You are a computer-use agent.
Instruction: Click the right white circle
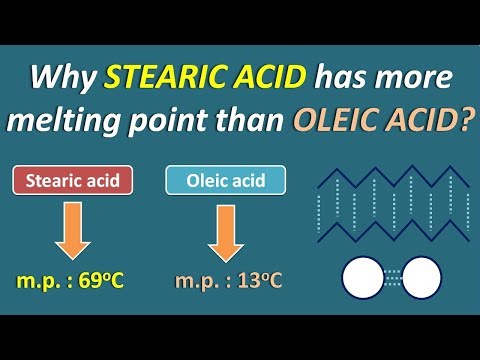coord(422,276)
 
